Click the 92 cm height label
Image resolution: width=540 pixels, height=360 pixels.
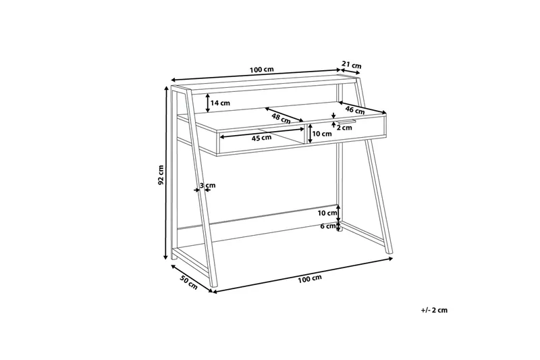[x=161, y=175]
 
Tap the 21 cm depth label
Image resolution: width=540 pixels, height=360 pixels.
[x=351, y=65]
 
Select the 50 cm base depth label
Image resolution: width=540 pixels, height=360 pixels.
[x=188, y=282]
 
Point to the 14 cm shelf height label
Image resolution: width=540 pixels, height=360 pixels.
[x=221, y=103]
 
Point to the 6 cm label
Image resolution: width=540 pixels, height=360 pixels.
[x=327, y=226]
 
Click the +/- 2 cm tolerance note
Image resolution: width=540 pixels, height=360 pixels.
[x=434, y=310]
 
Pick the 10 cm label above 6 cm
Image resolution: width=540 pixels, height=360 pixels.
[x=327, y=213]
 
